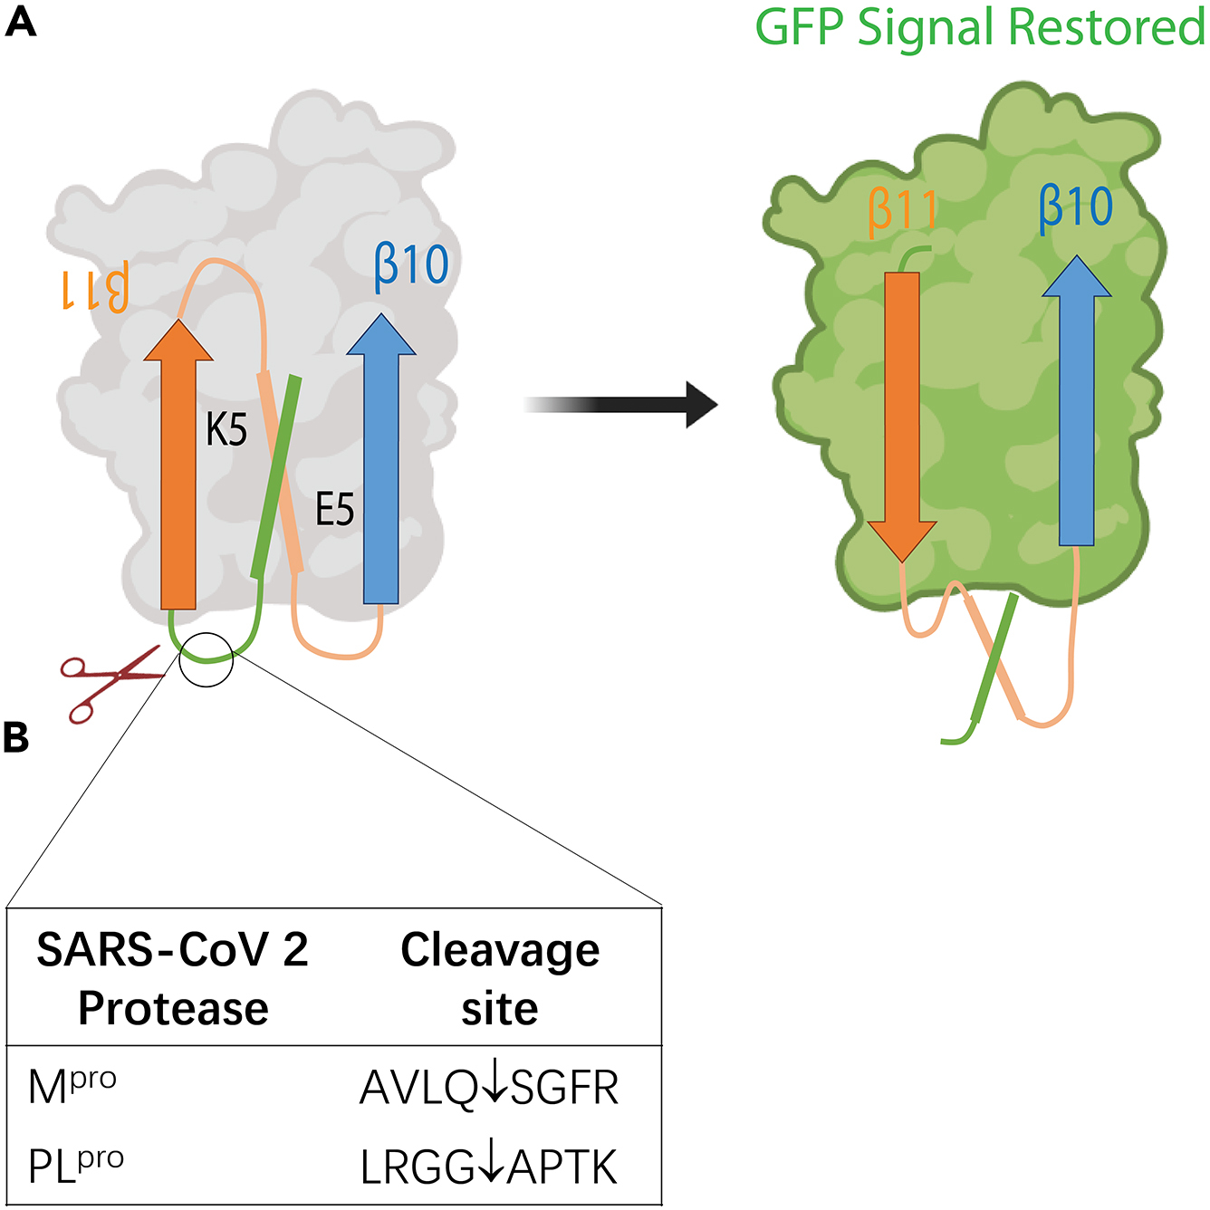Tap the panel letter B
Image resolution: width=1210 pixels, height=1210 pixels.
(x=16, y=737)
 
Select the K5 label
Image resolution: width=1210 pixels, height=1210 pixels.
(x=226, y=429)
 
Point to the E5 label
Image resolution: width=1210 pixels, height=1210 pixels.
(x=334, y=510)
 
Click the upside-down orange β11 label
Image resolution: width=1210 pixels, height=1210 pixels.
(x=95, y=290)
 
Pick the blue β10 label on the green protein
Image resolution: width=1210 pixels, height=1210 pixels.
(x=1076, y=207)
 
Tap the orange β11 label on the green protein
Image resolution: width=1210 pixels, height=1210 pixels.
(x=902, y=211)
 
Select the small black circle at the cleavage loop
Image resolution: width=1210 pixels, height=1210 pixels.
(x=206, y=659)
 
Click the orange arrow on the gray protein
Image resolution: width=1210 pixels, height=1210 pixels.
(x=178, y=471)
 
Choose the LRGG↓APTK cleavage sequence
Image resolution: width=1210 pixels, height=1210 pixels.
(x=489, y=1167)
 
